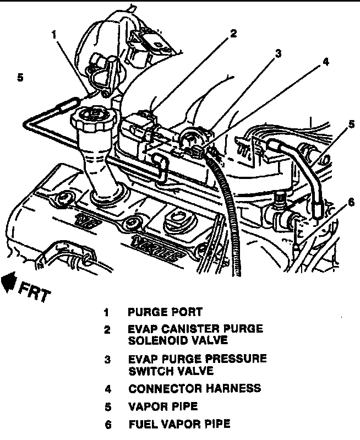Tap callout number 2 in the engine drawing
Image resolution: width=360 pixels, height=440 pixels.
[x=233, y=34]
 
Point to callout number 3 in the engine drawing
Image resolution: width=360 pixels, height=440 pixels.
[x=279, y=53]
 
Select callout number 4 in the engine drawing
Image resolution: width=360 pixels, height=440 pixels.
[x=326, y=62]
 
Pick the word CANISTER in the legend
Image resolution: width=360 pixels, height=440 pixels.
[x=184, y=329]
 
